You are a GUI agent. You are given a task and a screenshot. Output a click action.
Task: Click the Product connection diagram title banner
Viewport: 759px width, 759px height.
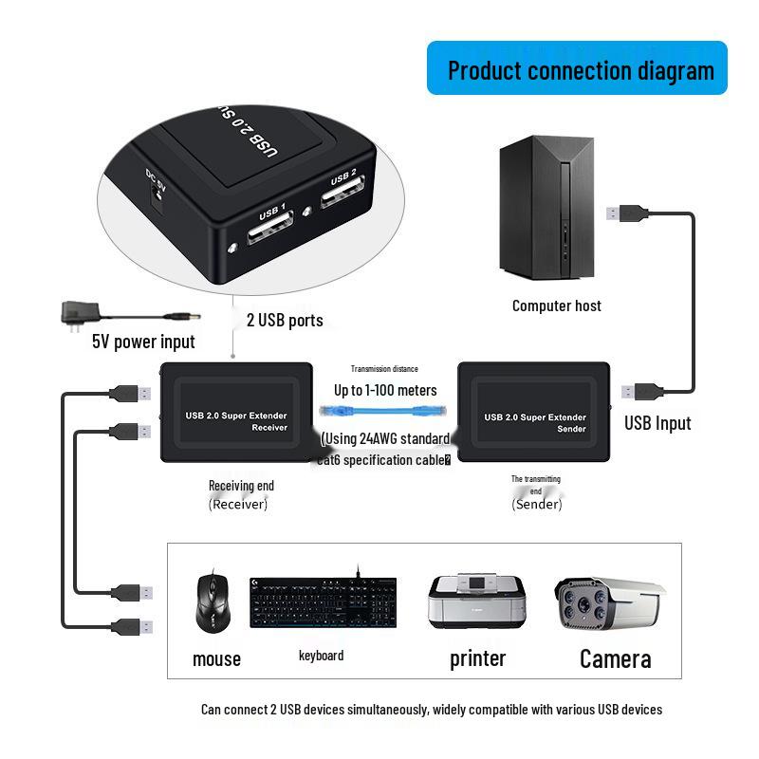(x=577, y=68)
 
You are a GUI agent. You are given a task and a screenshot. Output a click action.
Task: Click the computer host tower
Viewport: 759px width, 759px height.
(x=547, y=210)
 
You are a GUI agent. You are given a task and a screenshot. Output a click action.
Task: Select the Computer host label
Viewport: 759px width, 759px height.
(x=556, y=305)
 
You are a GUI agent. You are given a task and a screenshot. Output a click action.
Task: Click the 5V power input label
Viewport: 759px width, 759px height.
(x=143, y=342)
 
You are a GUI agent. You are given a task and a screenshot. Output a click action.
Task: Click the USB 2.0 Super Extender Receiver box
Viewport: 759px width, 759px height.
(x=236, y=412)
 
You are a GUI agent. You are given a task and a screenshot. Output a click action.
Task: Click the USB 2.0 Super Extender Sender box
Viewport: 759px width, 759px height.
(x=534, y=412)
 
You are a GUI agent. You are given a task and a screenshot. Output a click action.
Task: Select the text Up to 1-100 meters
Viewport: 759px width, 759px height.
(x=385, y=390)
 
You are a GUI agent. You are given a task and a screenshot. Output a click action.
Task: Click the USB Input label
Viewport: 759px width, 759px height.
(x=657, y=423)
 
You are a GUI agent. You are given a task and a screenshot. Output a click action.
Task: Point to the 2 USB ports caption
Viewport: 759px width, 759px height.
(x=285, y=320)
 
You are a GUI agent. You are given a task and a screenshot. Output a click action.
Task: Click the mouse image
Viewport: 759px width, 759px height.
(x=213, y=603)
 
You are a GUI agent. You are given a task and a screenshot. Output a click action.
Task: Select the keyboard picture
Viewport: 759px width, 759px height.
(x=323, y=602)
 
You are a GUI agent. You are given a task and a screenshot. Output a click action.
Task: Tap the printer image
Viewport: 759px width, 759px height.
(x=477, y=602)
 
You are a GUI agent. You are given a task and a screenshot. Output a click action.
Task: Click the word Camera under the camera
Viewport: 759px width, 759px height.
(x=615, y=658)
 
